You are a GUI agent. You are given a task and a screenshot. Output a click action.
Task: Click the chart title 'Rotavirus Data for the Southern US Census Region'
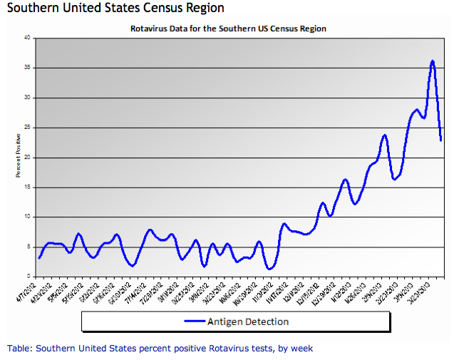(x=228, y=29)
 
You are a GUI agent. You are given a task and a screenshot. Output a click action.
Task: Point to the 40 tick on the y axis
(x=27, y=38)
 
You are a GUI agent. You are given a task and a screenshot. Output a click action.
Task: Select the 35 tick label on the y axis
(x=27, y=68)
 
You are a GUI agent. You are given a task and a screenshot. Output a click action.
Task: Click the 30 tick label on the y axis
(x=27, y=98)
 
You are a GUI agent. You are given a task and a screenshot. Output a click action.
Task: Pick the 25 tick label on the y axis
(x=27, y=128)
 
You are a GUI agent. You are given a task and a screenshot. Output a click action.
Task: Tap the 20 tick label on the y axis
(x=27, y=158)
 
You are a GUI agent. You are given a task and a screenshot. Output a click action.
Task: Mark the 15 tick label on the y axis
(x=27, y=187)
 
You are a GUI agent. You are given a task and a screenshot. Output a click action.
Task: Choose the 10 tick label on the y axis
(x=27, y=217)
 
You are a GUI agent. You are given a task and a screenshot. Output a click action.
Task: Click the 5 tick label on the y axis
(x=29, y=247)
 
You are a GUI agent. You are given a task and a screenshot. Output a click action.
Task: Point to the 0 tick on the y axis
(x=29, y=277)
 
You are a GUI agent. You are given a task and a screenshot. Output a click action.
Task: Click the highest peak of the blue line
(x=433, y=61)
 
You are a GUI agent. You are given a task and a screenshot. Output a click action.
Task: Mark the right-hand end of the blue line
(x=441, y=140)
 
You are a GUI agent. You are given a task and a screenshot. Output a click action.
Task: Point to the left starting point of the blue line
(x=39, y=257)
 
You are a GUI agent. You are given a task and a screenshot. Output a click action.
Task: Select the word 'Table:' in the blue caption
(x=19, y=348)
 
